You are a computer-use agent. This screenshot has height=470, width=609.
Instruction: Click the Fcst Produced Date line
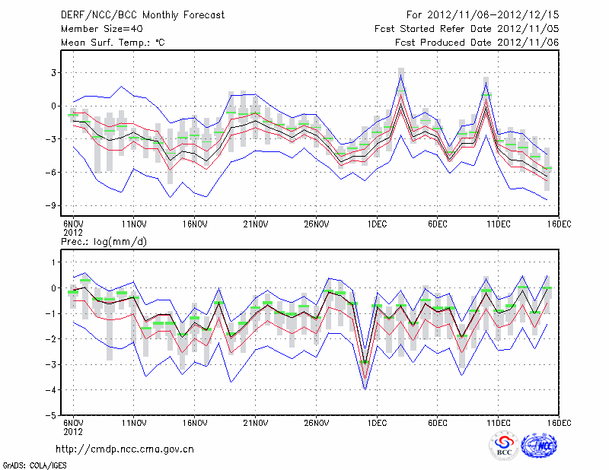[x=477, y=43]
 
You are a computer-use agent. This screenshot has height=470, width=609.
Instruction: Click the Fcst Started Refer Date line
[x=467, y=29]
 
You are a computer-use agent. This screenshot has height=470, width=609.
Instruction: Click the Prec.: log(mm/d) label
[x=104, y=242]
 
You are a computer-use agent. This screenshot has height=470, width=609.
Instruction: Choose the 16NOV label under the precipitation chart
[x=194, y=423]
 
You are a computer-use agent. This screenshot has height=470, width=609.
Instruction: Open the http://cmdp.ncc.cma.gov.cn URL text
[x=125, y=449]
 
